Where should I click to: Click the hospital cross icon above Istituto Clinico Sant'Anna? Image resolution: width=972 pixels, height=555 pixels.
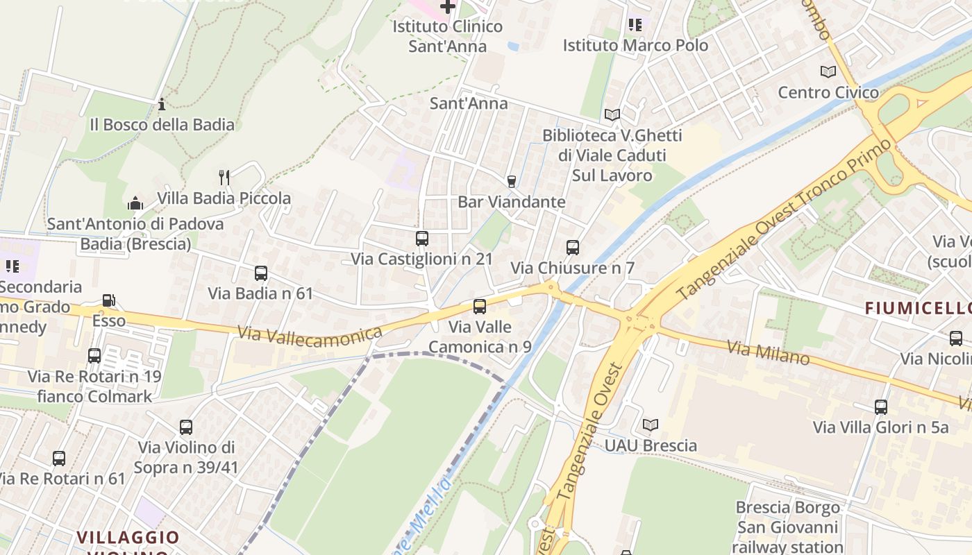448,7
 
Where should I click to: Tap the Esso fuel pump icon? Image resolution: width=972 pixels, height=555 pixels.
109,300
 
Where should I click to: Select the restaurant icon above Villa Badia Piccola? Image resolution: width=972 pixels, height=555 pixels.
224,178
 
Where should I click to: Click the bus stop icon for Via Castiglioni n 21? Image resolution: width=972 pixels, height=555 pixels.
421,239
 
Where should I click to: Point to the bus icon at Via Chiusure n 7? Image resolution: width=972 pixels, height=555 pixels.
573,248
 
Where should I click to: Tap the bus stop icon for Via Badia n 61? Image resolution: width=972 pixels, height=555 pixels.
261,273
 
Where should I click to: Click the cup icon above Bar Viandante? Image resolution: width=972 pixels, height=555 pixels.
512,182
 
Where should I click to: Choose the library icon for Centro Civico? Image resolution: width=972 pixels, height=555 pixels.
828,72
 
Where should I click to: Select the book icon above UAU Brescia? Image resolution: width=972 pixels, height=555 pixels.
651,425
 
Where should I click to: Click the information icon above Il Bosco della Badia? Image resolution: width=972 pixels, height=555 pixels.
162,105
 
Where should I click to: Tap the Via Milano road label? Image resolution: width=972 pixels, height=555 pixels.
769,352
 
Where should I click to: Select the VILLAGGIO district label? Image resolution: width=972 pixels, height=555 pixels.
128,537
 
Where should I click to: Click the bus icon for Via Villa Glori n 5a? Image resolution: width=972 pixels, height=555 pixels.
881,407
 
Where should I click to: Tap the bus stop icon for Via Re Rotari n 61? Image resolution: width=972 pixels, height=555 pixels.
59,459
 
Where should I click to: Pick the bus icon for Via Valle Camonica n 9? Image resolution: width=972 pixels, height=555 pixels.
480,306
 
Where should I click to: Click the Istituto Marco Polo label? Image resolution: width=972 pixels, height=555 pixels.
635,46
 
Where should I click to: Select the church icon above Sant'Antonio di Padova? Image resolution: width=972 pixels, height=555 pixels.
135,204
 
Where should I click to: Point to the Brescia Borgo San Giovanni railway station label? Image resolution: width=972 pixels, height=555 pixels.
787,527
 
